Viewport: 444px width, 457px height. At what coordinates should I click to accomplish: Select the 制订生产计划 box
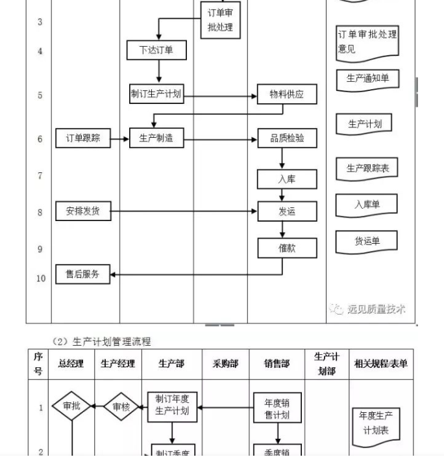(156, 94)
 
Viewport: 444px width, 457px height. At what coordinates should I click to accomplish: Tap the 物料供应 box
(287, 94)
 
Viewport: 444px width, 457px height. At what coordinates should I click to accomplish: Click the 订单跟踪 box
(83, 138)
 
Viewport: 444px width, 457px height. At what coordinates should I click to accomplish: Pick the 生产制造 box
(156, 138)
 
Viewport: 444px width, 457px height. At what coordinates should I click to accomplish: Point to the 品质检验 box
(287, 138)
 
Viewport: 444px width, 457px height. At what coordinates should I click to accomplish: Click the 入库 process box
(287, 179)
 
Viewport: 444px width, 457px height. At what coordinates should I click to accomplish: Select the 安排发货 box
(83, 211)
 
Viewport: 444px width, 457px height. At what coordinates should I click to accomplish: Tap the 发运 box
(287, 211)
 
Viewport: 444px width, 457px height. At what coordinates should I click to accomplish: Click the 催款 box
(287, 248)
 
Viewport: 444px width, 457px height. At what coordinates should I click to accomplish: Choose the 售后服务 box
(83, 274)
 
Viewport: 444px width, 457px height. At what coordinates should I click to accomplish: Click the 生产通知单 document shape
(367, 79)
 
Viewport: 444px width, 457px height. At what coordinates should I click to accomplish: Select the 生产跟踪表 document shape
(367, 168)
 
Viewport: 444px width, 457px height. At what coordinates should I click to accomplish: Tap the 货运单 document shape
(367, 241)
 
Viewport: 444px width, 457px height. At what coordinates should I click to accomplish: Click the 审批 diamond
(71, 406)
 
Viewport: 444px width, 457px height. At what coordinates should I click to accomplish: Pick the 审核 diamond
(121, 406)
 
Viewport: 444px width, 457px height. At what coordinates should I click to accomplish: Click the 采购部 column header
(225, 364)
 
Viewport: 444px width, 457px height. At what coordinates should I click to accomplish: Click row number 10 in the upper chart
(41, 278)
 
